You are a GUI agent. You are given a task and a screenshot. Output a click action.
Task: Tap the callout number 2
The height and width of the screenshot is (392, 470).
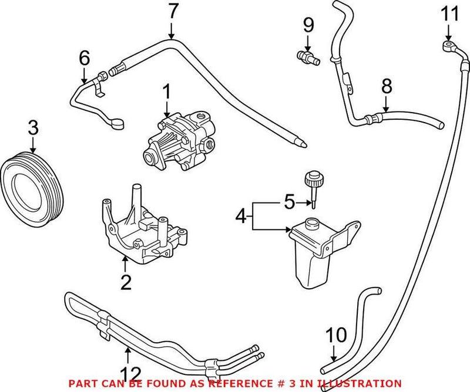125,282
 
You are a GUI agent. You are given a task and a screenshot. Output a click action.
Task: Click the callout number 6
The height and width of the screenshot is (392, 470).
84,58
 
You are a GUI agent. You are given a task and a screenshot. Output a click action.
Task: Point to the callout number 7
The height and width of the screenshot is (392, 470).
172,11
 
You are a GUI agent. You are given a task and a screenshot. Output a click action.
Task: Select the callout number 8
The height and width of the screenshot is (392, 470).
386,87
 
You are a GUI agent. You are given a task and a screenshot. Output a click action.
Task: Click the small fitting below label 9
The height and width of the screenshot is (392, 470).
307,56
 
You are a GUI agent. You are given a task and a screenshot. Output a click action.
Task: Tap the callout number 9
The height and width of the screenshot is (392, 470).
308,25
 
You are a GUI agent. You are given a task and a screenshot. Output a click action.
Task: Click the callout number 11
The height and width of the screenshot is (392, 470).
449,13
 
